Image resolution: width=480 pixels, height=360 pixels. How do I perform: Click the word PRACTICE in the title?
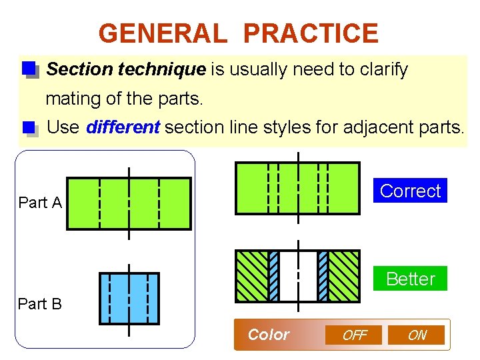tap(311, 33)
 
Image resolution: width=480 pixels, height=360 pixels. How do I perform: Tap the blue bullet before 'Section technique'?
tap(28, 69)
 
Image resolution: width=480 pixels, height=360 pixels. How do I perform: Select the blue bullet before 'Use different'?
tap(28, 127)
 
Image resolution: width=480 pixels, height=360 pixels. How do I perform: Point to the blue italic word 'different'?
tap(123, 127)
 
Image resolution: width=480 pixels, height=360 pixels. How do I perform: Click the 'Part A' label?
tap(40, 203)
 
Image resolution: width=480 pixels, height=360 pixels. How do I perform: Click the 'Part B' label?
tap(40, 304)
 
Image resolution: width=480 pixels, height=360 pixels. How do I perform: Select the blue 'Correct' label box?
tap(410, 191)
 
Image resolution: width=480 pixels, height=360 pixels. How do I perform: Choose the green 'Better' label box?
tap(410, 279)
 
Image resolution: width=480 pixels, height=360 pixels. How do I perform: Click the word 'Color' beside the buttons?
tap(268, 335)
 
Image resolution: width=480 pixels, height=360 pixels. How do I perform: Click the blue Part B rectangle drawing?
tap(129, 298)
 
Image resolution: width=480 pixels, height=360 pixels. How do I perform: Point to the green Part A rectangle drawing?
tap(129, 203)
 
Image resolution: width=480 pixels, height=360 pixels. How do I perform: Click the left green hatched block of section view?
tap(251, 276)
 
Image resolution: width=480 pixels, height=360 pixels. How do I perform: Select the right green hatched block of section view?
tap(344, 276)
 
